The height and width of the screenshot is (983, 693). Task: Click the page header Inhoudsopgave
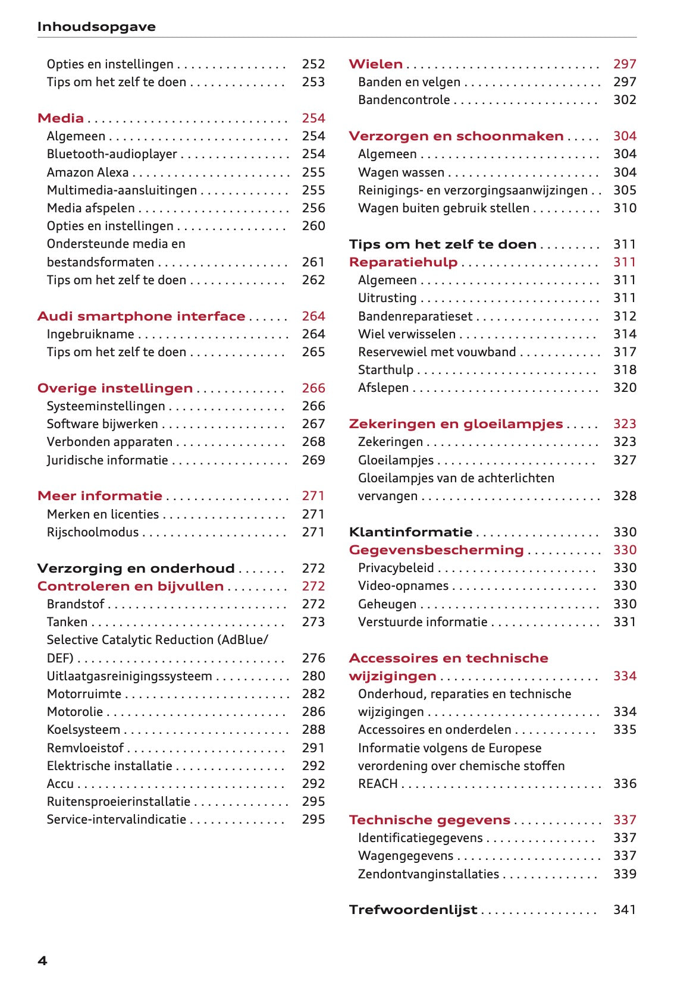click(x=96, y=27)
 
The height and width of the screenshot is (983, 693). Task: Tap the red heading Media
click(x=61, y=118)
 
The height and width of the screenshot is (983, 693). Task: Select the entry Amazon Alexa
click(x=87, y=172)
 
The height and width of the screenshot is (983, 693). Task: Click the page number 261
click(x=313, y=262)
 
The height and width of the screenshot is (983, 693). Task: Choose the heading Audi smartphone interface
click(x=141, y=316)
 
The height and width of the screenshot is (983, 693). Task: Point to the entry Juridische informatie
click(x=107, y=460)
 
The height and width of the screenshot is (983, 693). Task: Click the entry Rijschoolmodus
click(x=92, y=532)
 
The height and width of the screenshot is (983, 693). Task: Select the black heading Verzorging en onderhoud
click(x=136, y=569)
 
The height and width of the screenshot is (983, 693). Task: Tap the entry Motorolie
click(x=74, y=712)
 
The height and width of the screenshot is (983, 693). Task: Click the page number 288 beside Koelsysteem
click(x=313, y=730)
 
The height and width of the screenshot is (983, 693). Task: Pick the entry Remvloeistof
click(x=85, y=748)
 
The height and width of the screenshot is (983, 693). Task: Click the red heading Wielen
click(x=375, y=64)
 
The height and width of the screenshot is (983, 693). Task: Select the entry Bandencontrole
click(x=403, y=100)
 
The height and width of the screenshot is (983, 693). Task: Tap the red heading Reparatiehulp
click(x=403, y=262)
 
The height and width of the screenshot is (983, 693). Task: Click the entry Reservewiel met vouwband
click(x=437, y=352)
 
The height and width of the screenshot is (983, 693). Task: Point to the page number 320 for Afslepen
click(x=625, y=388)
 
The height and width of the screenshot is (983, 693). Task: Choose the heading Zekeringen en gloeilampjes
click(x=456, y=424)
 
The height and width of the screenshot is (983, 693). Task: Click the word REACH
click(x=377, y=784)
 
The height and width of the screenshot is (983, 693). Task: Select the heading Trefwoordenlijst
click(x=413, y=910)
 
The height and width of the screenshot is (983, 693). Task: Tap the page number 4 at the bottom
click(x=42, y=961)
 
